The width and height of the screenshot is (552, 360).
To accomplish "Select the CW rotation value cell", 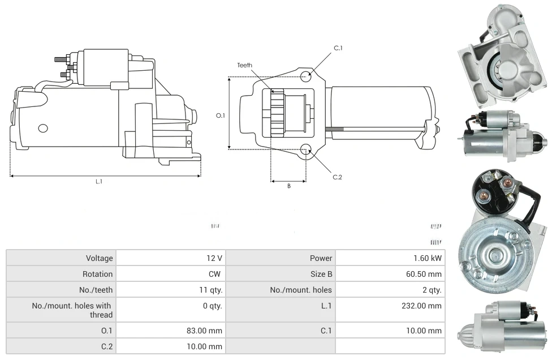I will pyautogui.click(x=216, y=274).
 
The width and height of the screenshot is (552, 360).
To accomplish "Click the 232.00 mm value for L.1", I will pyautogui.click(x=421, y=306).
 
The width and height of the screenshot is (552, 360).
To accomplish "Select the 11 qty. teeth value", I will pyautogui.click(x=209, y=290).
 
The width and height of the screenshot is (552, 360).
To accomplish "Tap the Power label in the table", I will pyautogui.click(x=321, y=258).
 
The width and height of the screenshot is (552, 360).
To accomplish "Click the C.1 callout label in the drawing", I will pyautogui.click(x=338, y=48).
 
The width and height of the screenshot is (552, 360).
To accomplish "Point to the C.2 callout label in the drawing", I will pyautogui.click(x=338, y=177).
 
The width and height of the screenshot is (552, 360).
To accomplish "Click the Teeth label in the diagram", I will pyautogui.click(x=244, y=65).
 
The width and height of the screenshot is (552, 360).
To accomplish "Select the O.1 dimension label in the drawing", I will pyautogui.click(x=221, y=115).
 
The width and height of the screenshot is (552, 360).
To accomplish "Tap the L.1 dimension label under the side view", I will pyautogui.click(x=99, y=182).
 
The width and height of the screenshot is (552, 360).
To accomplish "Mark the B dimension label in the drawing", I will pyautogui.click(x=288, y=186).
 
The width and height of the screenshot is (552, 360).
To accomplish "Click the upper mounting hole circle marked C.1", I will pyautogui.click(x=306, y=76).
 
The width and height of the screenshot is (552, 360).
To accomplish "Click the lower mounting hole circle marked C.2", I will pyautogui.click(x=306, y=149).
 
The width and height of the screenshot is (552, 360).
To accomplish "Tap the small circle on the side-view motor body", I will pyautogui.click(x=43, y=128).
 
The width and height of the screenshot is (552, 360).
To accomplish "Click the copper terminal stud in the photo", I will pyautogui.click(x=507, y=183).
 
